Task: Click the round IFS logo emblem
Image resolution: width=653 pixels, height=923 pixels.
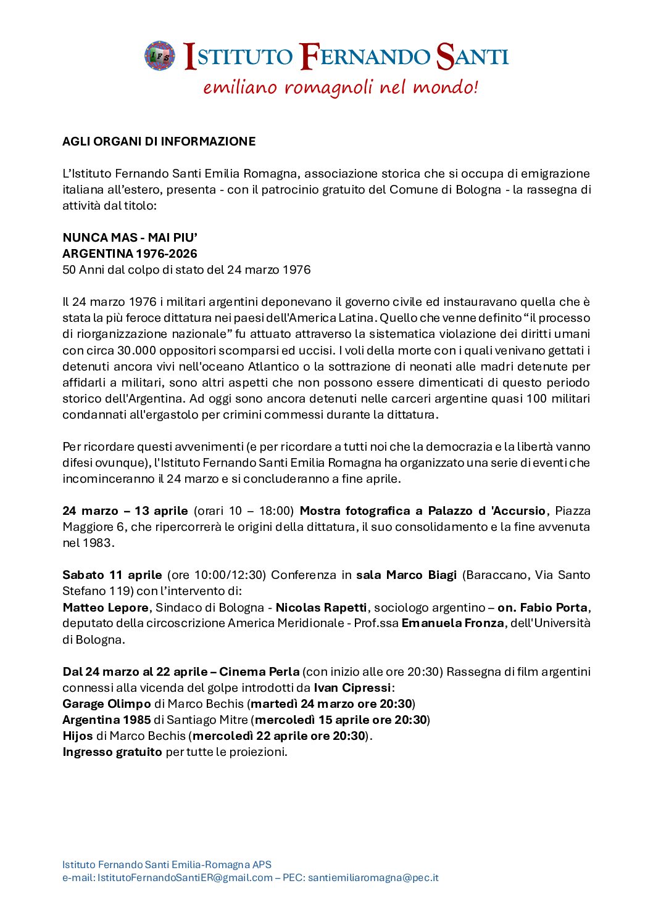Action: click(x=160, y=56)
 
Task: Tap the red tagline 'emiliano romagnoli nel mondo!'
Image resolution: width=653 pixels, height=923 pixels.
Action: click(x=340, y=87)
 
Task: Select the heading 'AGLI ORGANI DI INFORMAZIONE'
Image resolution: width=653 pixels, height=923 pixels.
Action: click(x=159, y=141)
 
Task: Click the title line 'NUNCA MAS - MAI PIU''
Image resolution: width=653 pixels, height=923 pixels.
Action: click(x=130, y=237)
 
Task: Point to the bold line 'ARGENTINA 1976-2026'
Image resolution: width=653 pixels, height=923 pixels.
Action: click(x=130, y=253)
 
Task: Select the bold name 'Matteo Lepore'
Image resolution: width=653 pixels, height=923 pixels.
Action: click(x=105, y=607)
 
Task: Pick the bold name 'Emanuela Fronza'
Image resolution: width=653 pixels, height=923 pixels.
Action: click(x=452, y=623)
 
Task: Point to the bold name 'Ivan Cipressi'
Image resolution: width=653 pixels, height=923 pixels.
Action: click(x=352, y=687)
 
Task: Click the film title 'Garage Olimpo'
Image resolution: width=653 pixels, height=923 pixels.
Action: click(x=106, y=704)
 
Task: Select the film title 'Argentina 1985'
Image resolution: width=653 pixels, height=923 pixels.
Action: click(x=106, y=720)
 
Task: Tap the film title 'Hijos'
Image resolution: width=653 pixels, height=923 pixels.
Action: click(x=77, y=736)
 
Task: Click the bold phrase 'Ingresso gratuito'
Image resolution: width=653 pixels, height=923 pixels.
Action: click(x=112, y=752)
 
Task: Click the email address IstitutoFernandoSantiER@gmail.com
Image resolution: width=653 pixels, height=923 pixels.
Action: click(x=185, y=877)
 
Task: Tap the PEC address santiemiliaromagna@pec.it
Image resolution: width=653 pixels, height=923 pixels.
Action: click(x=373, y=877)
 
